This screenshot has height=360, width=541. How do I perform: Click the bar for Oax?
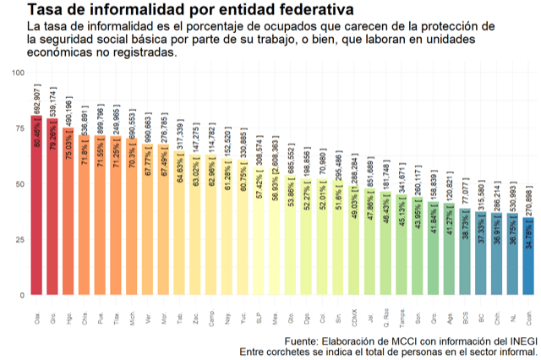coord(36,211)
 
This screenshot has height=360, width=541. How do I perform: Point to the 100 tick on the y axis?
coord(18,73)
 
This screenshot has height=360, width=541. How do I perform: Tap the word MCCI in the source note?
coord(408,341)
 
